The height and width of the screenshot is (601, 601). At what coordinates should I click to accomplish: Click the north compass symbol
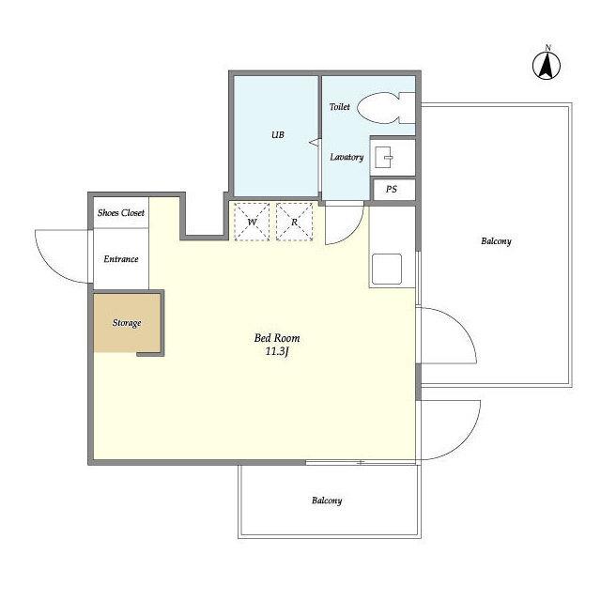click(547, 66)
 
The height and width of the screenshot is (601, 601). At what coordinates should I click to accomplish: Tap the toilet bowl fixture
click(386, 108)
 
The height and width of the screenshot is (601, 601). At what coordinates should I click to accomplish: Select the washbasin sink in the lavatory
click(383, 157)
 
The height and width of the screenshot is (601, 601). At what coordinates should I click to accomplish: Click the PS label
click(392, 189)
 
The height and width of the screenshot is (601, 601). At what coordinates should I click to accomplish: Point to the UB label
click(278, 134)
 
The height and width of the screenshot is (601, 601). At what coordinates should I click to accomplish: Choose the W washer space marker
click(252, 222)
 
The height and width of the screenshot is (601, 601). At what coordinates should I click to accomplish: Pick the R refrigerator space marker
click(294, 222)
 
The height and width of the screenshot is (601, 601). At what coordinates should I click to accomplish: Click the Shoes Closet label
click(121, 213)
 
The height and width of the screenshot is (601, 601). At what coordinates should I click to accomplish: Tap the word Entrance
click(121, 259)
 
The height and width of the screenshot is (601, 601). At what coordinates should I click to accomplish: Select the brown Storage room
click(127, 323)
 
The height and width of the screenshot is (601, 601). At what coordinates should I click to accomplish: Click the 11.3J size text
click(277, 351)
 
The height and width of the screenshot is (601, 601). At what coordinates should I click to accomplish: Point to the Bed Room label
click(277, 338)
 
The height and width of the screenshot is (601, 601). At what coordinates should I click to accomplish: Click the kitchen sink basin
click(387, 270)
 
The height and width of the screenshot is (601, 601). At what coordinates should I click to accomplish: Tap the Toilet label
click(340, 106)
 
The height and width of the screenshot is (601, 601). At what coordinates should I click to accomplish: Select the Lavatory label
click(347, 157)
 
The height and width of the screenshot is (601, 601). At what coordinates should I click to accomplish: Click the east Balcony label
click(496, 241)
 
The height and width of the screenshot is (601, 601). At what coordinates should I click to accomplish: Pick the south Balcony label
click(327, 501)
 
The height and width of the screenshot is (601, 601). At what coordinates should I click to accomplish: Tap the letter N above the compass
click(547, 48)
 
